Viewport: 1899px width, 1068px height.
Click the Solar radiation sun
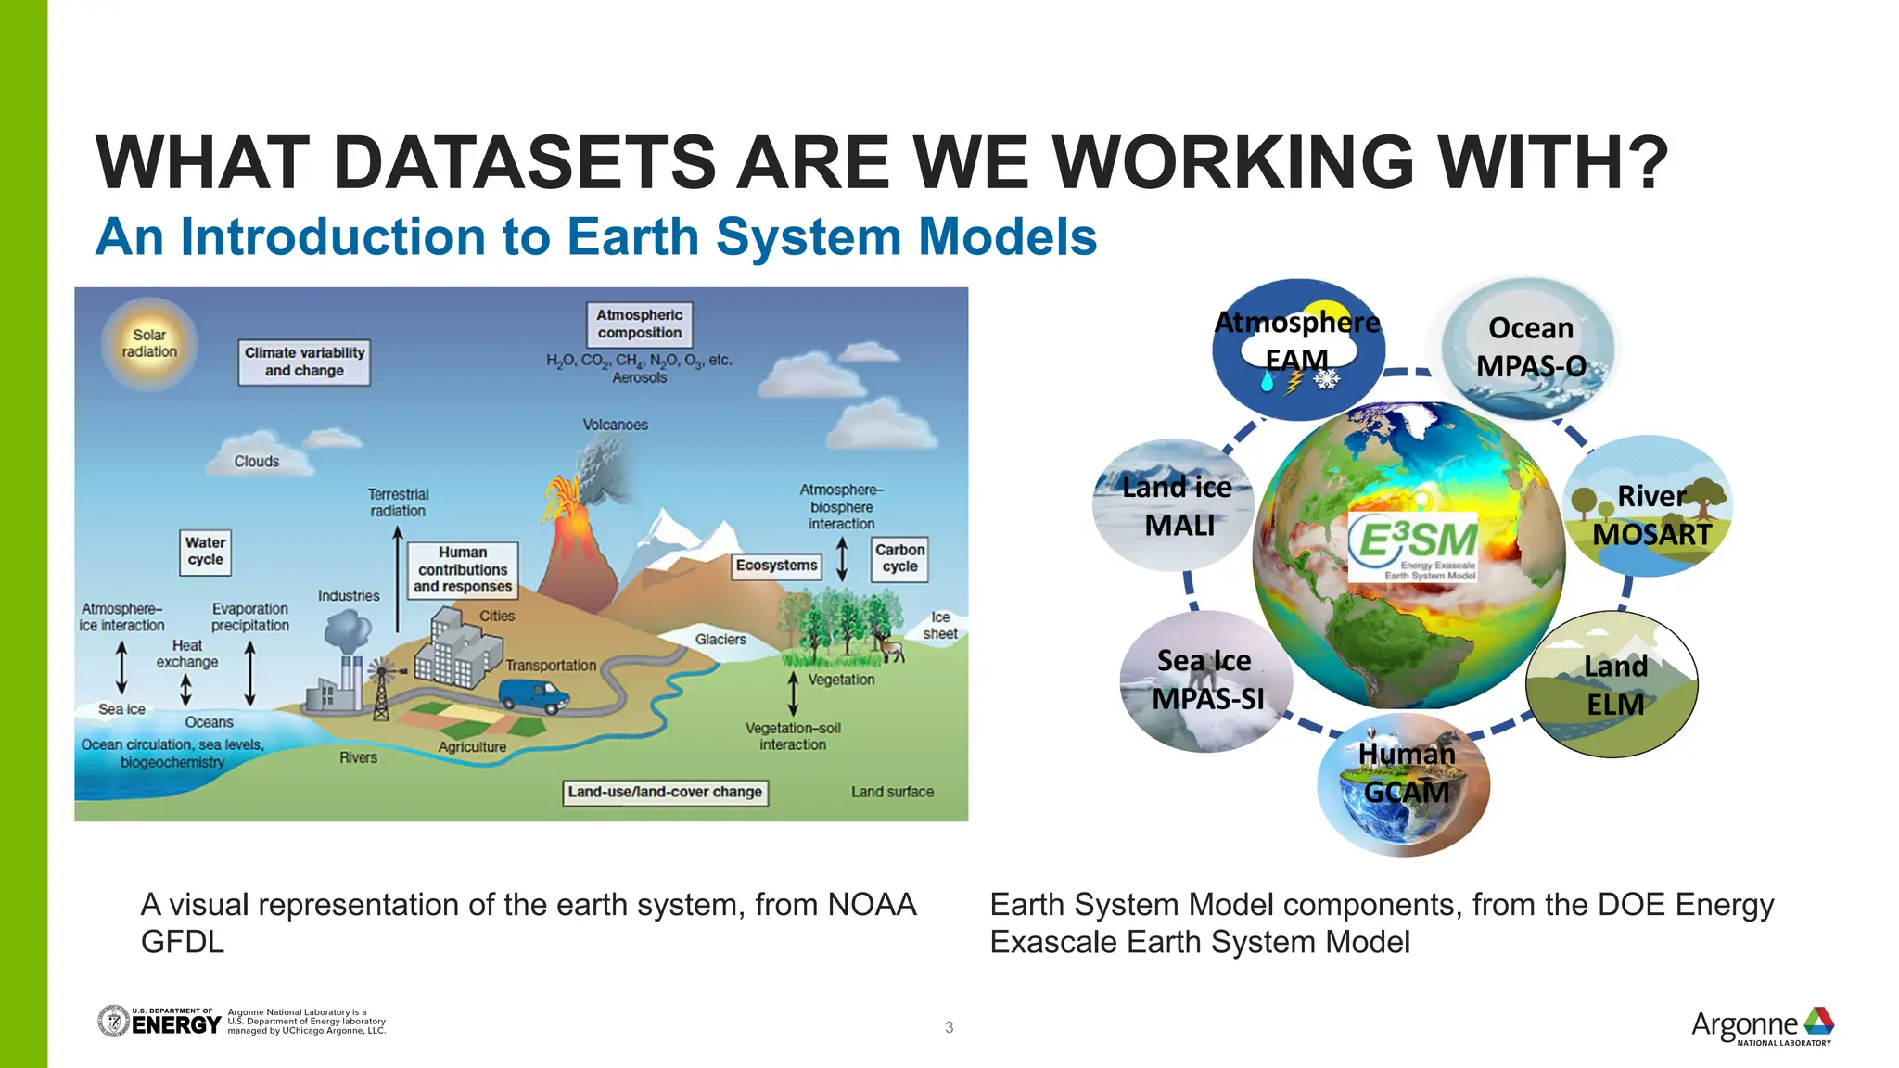click(148, 344)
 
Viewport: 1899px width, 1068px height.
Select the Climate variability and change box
click(304, 362)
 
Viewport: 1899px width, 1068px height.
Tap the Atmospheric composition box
click(639, 324)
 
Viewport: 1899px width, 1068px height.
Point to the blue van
click(533, 695)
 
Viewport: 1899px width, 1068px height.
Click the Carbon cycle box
click(899, 558)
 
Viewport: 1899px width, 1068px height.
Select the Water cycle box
click(205, 552)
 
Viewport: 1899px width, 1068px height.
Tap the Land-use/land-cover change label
click(665, 793)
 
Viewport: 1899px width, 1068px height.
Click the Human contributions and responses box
click(462, 569)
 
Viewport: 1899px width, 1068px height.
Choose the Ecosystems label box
click(777, 566)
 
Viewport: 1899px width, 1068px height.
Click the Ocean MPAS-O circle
click(1530, 348)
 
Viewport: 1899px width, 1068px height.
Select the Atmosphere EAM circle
click(1298, 348)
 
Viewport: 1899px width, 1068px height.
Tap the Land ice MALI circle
click(1176, 505)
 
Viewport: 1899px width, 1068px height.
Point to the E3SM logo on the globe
click(1412, 547)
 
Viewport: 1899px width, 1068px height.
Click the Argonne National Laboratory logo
click(1762, 1025)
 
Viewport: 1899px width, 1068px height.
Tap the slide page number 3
click(949, 1027)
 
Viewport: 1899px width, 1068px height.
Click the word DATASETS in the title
click(521, 163)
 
